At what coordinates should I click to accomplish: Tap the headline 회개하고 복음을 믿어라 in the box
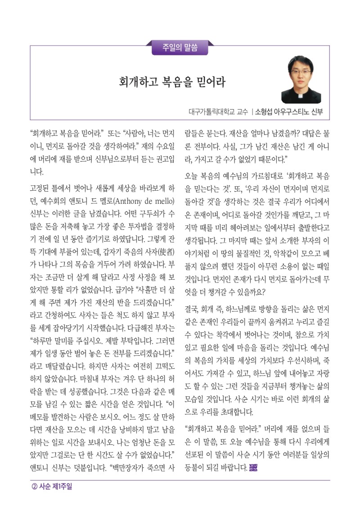tap(172, 82)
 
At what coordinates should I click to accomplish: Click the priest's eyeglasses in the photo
tap(301, 72)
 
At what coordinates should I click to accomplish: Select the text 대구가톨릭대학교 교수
tap(218, 112)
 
